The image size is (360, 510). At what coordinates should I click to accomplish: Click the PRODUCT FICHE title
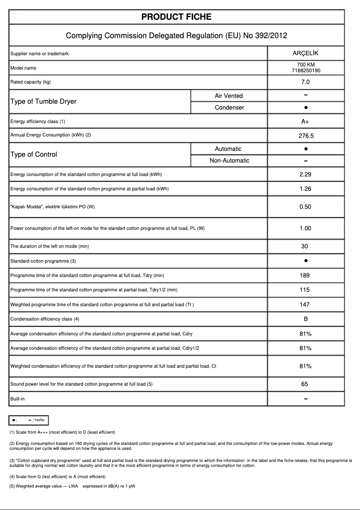click(176, 17)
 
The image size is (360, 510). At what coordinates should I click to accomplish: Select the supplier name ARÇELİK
click(305, 53)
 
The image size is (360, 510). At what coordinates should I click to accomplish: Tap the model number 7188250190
click(305, 70)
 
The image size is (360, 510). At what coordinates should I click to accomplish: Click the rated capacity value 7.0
click(305, 82)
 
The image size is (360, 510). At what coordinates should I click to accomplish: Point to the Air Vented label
click(228, 96)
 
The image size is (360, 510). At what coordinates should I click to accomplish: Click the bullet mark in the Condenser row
click(305, 108)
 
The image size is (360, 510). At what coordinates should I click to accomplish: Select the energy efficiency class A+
click(305, 122)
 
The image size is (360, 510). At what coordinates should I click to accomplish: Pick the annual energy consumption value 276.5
click(305, 135)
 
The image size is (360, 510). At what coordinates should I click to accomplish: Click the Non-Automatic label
click(229, 161)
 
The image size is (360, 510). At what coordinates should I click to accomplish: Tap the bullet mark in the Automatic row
click(305, 149)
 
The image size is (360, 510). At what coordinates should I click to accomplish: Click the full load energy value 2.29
click(305, 174)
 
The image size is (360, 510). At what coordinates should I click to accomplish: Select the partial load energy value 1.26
click(305, 189)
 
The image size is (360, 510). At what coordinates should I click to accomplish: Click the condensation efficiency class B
click(305, 319)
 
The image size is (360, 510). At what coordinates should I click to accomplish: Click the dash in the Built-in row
click(305, 399)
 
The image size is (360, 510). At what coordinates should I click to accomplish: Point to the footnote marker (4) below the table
click(12, 476)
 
